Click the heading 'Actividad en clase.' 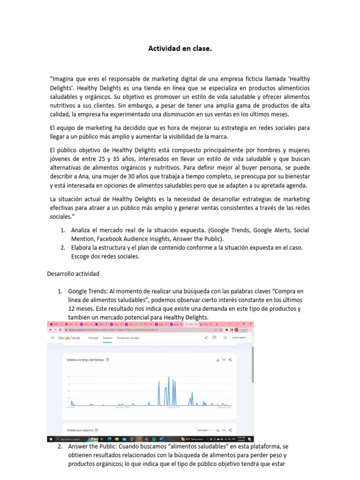(180, 48)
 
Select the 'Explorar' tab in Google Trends (107, 337)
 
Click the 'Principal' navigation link (93, 337)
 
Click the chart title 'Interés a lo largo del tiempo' (86, 360)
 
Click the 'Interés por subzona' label (80, 429)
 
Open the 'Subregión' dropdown (205, 429)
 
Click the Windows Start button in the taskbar (50, 439)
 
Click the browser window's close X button (250, 324)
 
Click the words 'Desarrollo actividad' (73, 273)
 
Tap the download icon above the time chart (217, 360)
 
